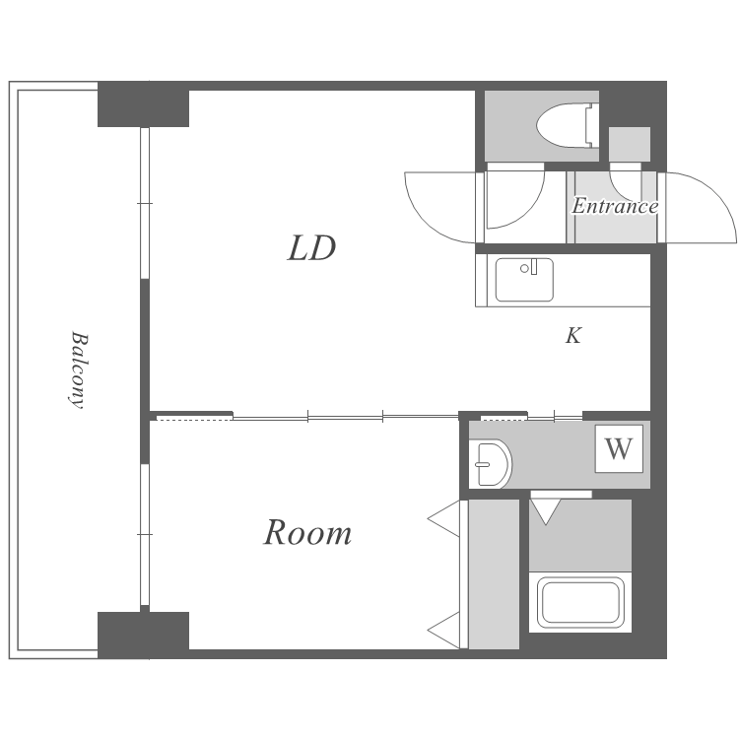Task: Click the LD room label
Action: [311, 248]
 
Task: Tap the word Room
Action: [307, 532]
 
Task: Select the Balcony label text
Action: [78, 369]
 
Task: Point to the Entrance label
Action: [615, 206]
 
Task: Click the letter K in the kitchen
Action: [573, 335]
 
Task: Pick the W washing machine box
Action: [619, 448]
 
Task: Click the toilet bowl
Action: [565, 125]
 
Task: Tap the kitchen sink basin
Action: [524, 280]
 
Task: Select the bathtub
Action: [580, 602]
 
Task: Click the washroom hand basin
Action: [491, 464]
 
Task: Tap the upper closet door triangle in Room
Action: [444, 518]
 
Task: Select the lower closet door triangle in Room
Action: [444, 631]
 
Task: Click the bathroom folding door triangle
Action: [546, 511]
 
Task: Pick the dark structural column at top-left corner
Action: [143, 104]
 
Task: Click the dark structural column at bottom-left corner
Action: [143, 635]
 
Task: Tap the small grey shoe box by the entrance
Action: [630, 144]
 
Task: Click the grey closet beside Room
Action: [494, 574]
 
